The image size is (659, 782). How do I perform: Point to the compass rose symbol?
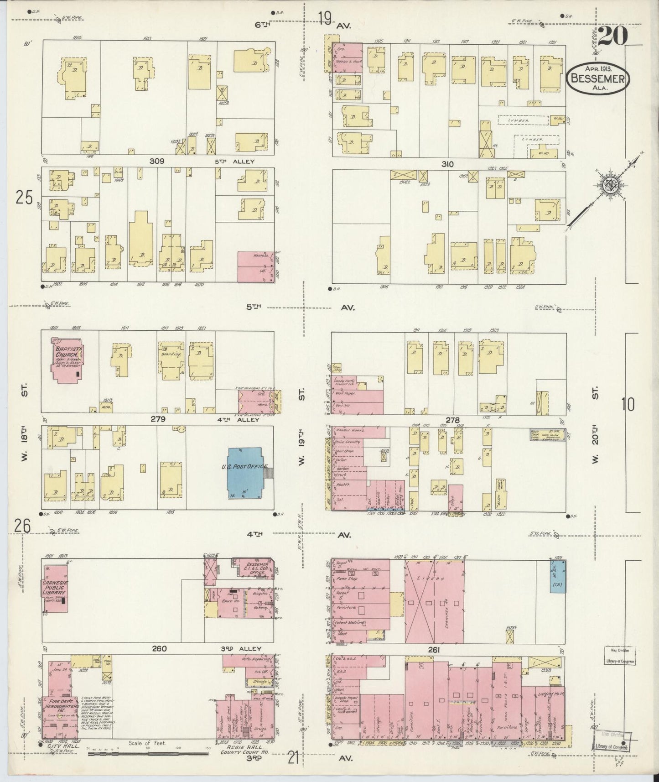tap(607, 186)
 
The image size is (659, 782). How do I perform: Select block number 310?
tap(448, 164)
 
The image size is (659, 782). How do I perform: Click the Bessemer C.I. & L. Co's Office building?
tap(254, 568)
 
